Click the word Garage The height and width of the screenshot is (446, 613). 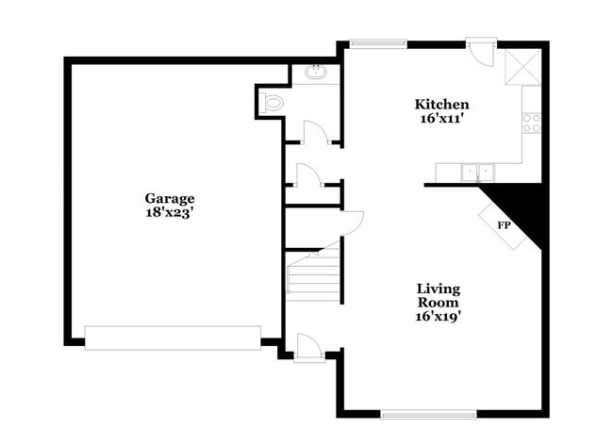tap(170, 198)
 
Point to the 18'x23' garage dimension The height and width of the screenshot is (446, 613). tap(170, 213)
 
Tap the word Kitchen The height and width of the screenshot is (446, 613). tap(442, 104)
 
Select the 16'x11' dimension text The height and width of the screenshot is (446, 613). tap(442, 119)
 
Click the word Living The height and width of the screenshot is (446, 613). tap(439, 288)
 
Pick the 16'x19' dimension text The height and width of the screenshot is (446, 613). tap(439, 317)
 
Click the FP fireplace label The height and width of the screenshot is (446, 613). tap(504, 226)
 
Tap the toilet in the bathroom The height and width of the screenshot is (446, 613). tap(273, 103)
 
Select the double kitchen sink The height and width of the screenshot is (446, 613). tap(476, 172)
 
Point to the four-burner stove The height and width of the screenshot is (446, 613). tap(532, 122)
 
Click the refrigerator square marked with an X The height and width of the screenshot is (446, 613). tap(522, 67)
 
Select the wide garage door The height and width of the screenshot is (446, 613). tap(173, 338)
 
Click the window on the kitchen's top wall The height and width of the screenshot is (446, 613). tap(377, 42)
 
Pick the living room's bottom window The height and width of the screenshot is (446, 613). tap(429, 413)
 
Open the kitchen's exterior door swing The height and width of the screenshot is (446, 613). tap(482, 52)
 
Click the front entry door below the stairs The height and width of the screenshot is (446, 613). tap(309, 348)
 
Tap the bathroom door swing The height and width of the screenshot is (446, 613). tap(315, 134)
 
